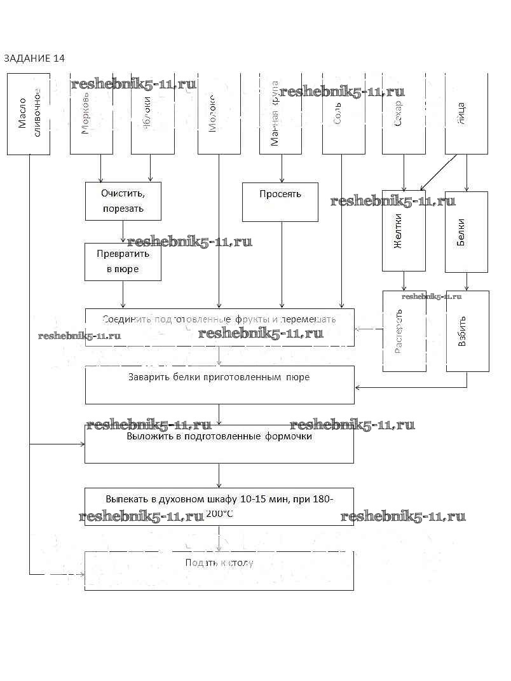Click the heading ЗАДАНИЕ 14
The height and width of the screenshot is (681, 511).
34,58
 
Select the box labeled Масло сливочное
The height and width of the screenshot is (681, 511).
29,114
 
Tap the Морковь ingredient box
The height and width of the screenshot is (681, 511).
91,114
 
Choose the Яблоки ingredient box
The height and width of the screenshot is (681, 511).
153,114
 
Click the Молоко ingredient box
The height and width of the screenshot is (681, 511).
219,114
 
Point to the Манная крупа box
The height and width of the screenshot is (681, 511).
280,114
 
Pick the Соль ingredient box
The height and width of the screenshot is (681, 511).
343,114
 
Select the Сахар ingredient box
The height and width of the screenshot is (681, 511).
404,114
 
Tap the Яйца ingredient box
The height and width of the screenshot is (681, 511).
467,114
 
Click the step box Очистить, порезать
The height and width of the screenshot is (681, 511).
123,201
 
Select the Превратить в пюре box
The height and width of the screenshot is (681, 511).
123,262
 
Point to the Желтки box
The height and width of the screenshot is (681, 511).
404,231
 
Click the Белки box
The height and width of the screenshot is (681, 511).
467,231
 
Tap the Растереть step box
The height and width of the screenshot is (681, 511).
404,331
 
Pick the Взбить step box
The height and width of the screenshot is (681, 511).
467,331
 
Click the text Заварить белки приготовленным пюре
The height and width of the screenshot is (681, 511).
219,377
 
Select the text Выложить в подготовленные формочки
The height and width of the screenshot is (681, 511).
219,437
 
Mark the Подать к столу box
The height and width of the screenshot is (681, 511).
219,570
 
